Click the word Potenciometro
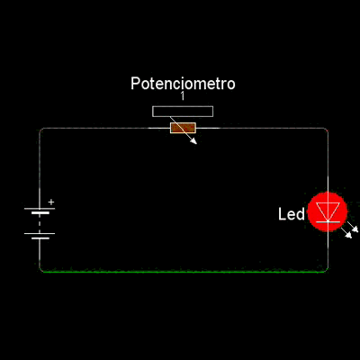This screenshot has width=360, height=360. tap(183, 84)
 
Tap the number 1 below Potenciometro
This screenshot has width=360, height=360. tap(183, 96)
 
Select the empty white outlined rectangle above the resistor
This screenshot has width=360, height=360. tap(183, 112)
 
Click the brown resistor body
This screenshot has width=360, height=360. tap(183, 128)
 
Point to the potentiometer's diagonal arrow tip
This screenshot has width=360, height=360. tap(196, 144)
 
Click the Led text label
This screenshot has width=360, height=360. tap(292, 214)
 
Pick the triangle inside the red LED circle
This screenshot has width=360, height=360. tap(328, 211)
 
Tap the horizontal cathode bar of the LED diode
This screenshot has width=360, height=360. tap(328, 221)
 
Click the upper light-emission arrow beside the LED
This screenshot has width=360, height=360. tap(353, 227)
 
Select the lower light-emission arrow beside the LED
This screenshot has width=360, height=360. tap(346, 233)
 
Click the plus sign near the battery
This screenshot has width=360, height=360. tap(51, 202)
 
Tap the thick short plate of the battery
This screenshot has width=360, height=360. tap(40, 213)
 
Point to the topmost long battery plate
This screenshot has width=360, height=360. tap(40, 208)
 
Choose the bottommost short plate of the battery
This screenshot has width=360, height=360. tap(40, 238)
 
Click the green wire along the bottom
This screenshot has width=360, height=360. tap(184, 272)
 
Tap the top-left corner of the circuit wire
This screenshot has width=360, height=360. tap(40, 129)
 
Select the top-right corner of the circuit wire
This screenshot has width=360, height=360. tap(328, 129)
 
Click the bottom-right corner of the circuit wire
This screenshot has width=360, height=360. tap(327, 271)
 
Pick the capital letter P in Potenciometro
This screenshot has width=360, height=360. tap(135, 84)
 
